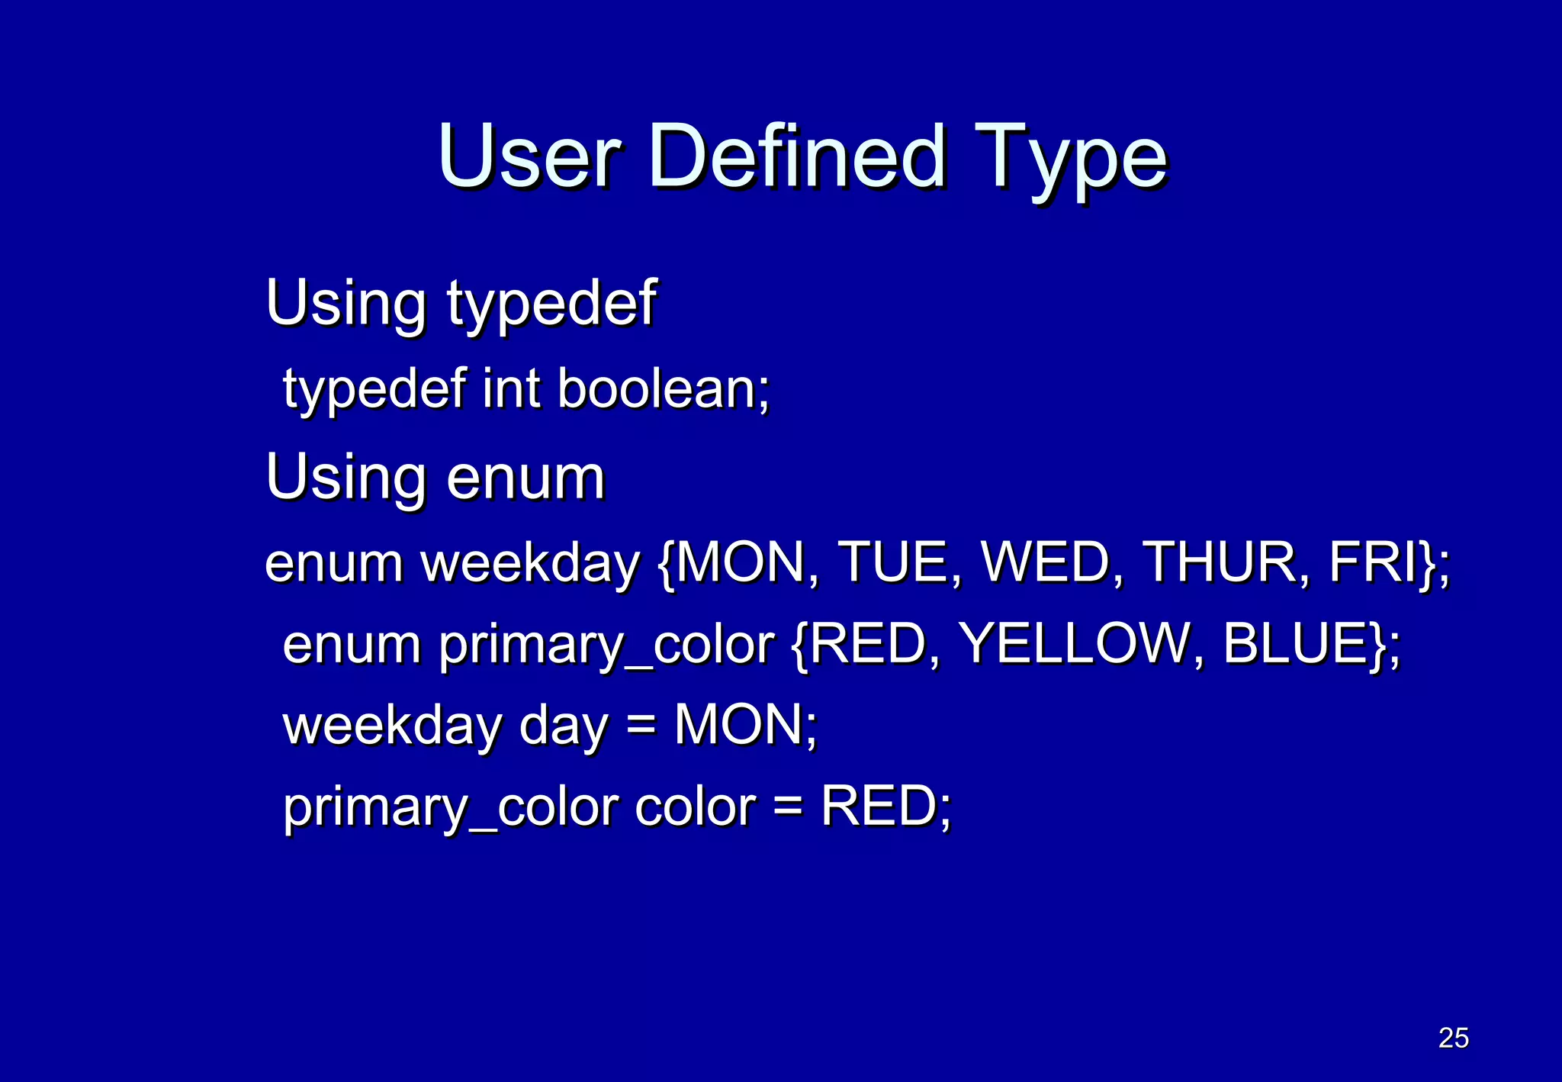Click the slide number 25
[x=1453, y=1038]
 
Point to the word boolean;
[x=664, y=389]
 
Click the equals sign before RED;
[x=788, y=807]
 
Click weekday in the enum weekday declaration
[x=530, y=563]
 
